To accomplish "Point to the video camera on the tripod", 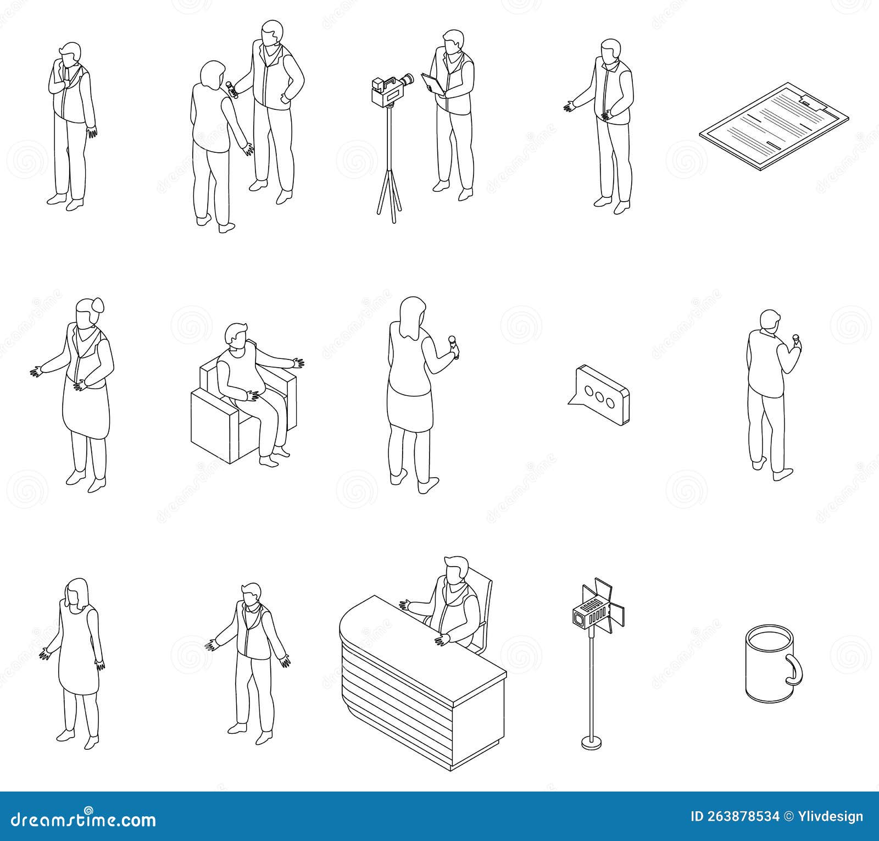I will coord(391,90).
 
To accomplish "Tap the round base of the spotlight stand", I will coord(591,743).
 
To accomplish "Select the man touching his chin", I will coord(70,121).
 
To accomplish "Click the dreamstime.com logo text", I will coord(80,821).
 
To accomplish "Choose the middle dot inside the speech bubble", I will coord(600,393).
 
